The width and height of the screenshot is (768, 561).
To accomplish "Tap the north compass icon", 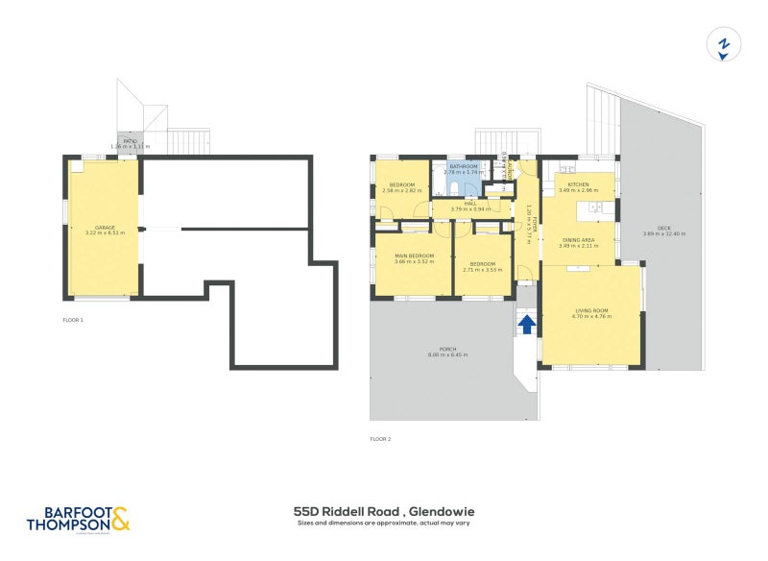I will click(725, 44).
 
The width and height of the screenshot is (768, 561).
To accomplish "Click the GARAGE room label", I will click(105, 228).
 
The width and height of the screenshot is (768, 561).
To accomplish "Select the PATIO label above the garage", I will click(130, 141).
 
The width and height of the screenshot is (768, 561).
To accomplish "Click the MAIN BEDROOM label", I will click(414, 256).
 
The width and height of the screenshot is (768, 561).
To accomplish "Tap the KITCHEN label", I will click(578, 184).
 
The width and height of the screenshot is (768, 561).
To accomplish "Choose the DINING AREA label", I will click(578, 240).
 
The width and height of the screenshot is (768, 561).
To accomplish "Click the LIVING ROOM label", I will click(592, 309).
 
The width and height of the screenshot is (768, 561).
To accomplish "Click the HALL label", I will click(470, 204).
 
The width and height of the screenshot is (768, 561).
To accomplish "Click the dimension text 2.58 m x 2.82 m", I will click(401, 190).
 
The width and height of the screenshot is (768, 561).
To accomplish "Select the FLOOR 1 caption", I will click(73, 319).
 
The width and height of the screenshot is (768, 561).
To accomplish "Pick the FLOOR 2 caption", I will click(380, 439).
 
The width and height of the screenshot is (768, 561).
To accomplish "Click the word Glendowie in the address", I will click(442, 512).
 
